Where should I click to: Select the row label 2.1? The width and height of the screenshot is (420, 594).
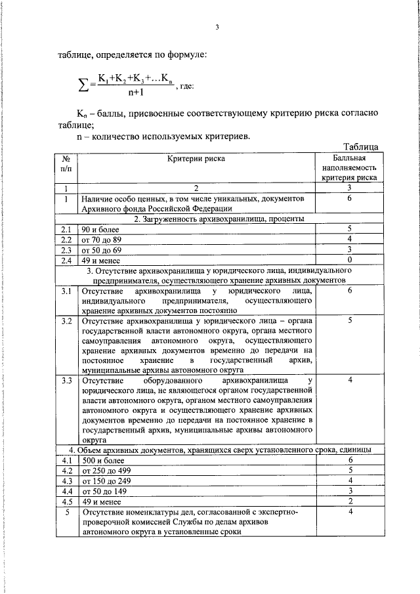click(66, 229)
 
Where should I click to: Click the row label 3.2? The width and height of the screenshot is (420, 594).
click(66, 322)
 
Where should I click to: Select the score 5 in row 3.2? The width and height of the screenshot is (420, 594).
click(350, 322)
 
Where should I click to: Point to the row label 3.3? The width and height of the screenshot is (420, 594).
click(66, 380)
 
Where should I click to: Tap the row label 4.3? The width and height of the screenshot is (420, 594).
click(66, 480)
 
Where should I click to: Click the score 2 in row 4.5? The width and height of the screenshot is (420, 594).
click(350, 501)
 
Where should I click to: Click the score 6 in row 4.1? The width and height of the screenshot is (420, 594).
click(350, 460)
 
